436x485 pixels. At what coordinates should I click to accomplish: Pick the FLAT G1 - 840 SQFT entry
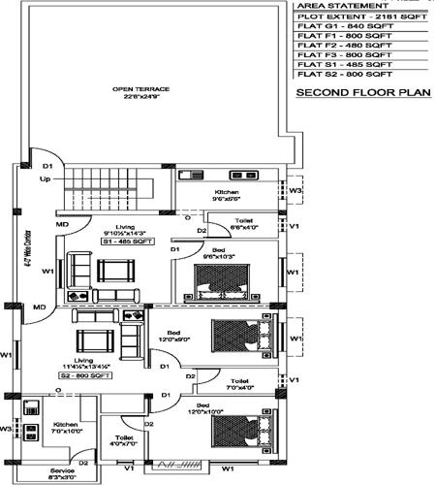345,30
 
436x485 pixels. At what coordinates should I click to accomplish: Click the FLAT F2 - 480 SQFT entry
345,51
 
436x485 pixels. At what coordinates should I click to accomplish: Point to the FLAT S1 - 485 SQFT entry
345,63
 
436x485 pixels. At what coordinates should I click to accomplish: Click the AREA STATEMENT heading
335,7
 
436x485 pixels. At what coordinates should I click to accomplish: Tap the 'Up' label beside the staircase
46,178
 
